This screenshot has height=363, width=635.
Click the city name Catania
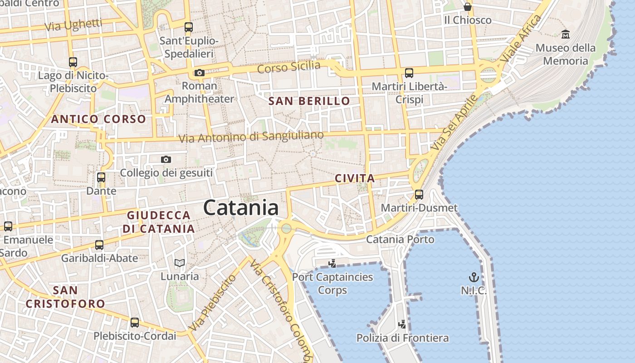(x=241, y=208)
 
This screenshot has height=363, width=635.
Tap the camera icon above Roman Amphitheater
(x=199, y=73)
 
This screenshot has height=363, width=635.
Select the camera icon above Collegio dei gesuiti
(x=166, y=159)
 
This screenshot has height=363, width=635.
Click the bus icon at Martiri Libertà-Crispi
(x=409, y=73)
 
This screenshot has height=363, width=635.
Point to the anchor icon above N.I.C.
(x=474, y=277)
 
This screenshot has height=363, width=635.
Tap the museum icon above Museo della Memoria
(x=566, y=34)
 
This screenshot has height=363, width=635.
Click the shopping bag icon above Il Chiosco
(x=468, y=7)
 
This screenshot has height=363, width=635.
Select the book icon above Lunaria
(x=180, y=263)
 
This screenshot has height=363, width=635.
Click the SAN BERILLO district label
(x=309, y=101)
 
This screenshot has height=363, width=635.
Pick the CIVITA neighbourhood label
(x=355, y=178)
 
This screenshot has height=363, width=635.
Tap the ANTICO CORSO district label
(x=98, y=119)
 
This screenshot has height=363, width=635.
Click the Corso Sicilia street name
(x=289, y=67)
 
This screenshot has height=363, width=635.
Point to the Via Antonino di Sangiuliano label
(x=251, y=137)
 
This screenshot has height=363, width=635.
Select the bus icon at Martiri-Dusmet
(x=419, y=195)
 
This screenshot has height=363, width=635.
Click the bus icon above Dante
(x=101, y=177)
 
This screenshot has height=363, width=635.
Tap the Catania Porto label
(x=400, y=239)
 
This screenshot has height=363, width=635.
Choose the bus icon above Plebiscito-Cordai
(x=135, y=323)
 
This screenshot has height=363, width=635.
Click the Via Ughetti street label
(x=73, y=25)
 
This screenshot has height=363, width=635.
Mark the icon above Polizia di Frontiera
(x=402, y=324)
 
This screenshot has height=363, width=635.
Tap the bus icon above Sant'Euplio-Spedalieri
(x=189, y=27)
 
